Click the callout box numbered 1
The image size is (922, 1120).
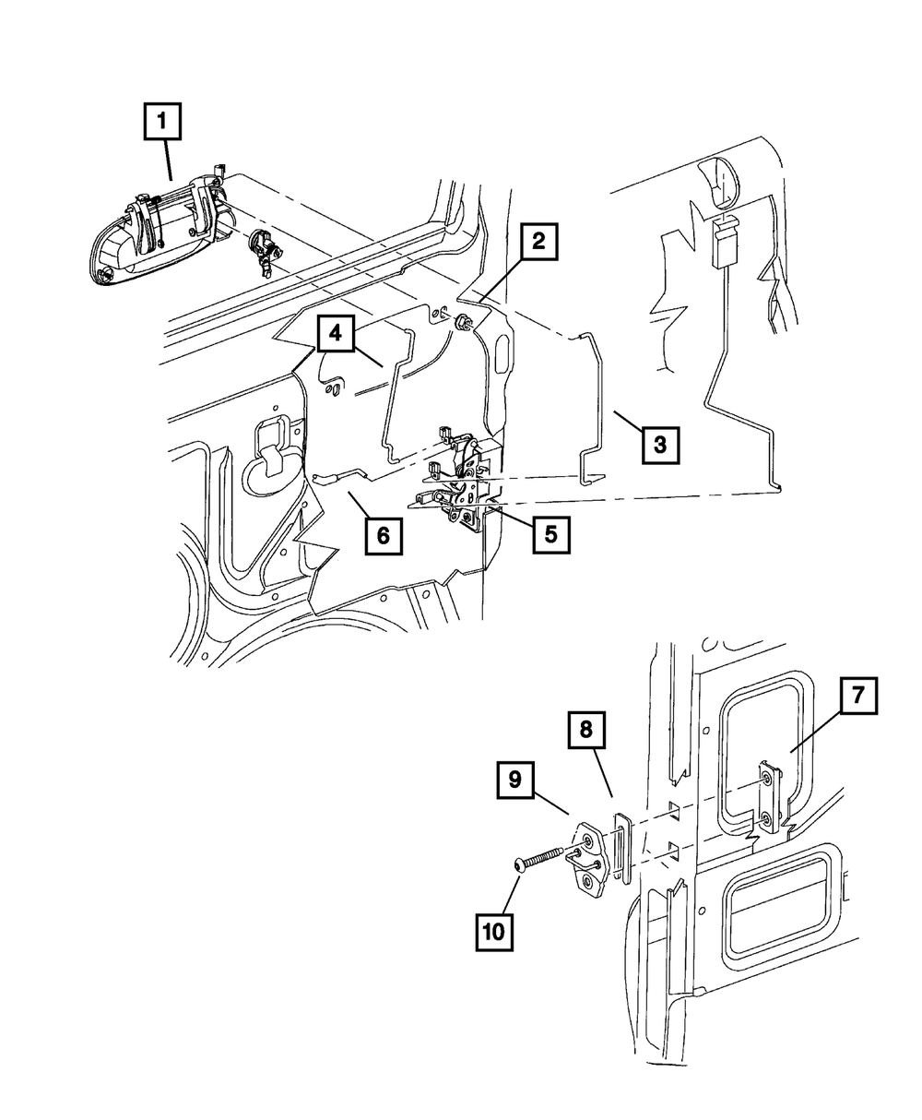coord(162,124)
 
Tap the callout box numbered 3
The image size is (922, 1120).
coord(660,444)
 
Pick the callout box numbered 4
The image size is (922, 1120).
coord(336,334)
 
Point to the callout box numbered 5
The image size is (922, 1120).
coord(550,533)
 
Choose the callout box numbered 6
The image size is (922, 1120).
coord(383,533)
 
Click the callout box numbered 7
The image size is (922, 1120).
coord(857,697)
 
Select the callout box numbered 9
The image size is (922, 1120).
coord(514,780)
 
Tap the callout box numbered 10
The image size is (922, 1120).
coord(493,931)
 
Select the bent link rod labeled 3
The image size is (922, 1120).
coord(595,406)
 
